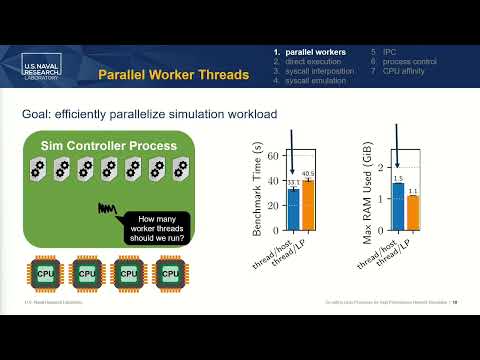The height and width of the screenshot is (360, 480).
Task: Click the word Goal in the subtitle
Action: click(38, 116)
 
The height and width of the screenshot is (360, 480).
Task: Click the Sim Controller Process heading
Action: click(108, 146)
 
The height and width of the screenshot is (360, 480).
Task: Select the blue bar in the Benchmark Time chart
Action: click(293, 210)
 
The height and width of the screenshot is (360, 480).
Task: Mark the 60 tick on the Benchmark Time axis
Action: click(278, 156)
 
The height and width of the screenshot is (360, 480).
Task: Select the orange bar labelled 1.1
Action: click(412, 213)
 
